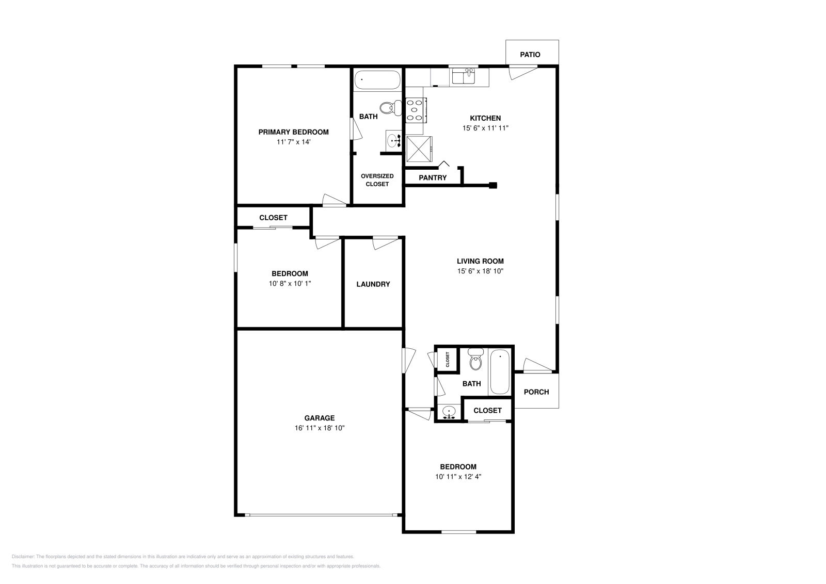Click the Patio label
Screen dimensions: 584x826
click(x=530, y=54)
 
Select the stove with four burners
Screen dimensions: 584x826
click(x=415, y=110)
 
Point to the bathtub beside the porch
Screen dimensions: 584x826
click(x=500, y=372)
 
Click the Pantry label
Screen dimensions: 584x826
click(x=433, y=177)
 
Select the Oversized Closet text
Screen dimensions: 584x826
click(x=377, y=180)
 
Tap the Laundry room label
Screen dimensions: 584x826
click(x=373, y=284)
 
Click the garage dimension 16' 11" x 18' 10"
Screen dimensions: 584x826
click(x=320, y=428)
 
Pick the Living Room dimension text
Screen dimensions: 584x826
click(x=480, y=271)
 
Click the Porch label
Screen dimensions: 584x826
click(x=536, y=392)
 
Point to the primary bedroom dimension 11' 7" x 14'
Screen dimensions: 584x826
click(x=293, y=142)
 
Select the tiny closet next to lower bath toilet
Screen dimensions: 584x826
click(x=448, y=359)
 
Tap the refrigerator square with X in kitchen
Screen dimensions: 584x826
click(x=419, y=149)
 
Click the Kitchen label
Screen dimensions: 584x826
click(x=485, y=118)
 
